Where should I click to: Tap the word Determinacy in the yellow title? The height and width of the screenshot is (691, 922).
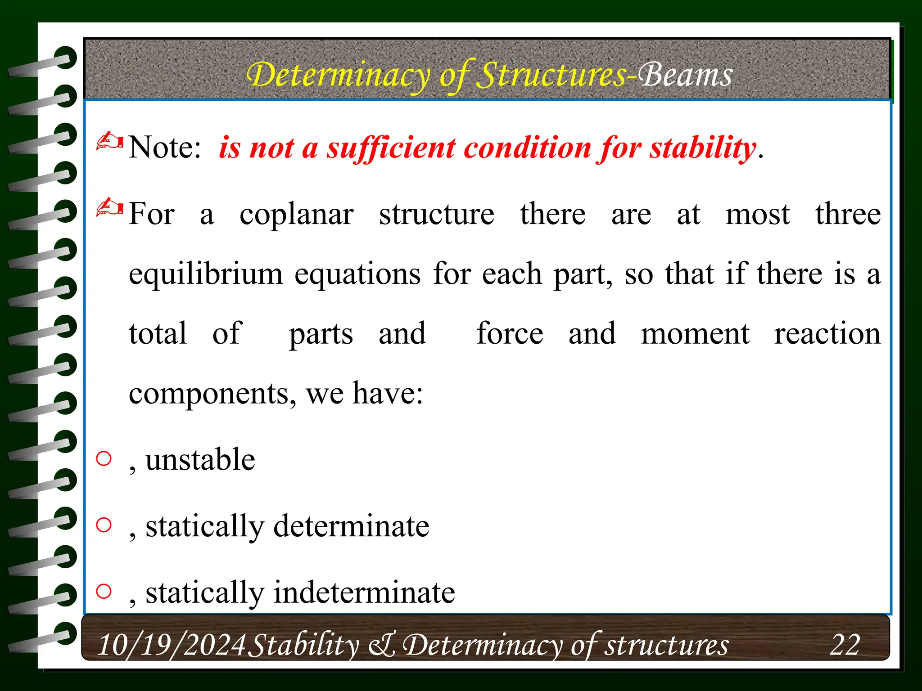coord(339,76)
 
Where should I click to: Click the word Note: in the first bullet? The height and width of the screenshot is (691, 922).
coord(165,147)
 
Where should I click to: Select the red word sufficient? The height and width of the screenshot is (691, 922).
coord(391,148)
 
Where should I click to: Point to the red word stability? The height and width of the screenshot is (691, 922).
coord(702,148)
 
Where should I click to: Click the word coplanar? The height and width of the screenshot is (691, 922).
coord(296,215)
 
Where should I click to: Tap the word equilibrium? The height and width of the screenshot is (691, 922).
coord(206,274)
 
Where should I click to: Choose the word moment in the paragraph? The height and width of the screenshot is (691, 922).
coord(695,334)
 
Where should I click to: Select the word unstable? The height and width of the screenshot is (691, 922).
coord(200,460)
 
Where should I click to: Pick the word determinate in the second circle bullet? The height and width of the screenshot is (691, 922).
coord(351,526)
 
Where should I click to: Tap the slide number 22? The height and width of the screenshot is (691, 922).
coord(845,644)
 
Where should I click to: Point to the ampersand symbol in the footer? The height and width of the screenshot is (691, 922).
coord(382,645)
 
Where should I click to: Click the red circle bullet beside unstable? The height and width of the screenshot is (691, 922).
coord(104,458)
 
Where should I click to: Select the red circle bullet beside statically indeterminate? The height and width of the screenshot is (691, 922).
coord(104,591)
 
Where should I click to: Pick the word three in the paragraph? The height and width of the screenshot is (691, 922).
coord(848,214)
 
